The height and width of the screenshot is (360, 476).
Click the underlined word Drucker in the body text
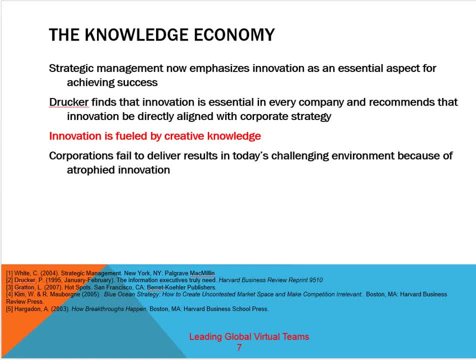[x=68, y=102]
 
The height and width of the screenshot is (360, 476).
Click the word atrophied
[x=90, y=170]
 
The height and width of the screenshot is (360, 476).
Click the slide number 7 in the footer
[x=239, y=347]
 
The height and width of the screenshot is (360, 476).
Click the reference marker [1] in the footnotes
[x=9, y=273]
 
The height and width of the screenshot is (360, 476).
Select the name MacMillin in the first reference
[x=202, y=273]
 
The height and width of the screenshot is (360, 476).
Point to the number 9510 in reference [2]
[x=315, y=280]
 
